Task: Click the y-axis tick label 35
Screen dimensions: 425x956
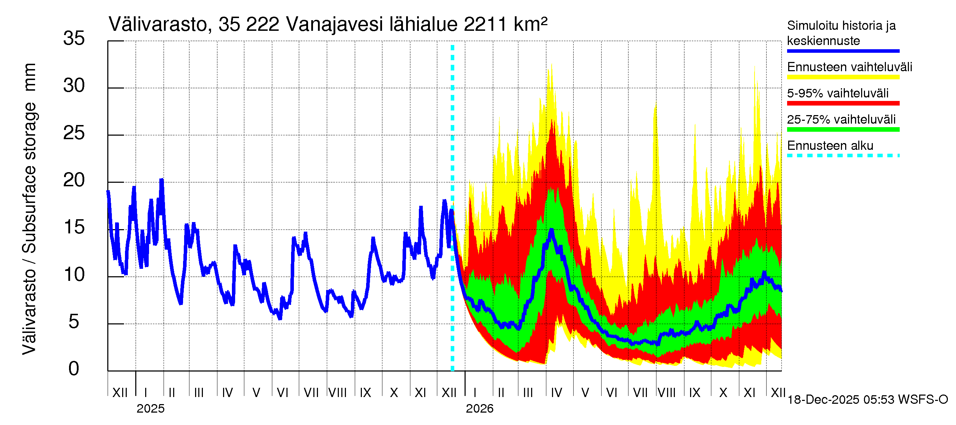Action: pos(74,38)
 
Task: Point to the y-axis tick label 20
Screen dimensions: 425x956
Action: pos(74,180)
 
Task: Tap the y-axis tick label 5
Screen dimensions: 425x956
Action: pos(74,322)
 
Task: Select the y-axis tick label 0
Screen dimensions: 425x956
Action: pos(74,369)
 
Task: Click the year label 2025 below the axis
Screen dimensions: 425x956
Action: pos(150,409)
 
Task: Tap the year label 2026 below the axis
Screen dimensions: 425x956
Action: pos(479,409)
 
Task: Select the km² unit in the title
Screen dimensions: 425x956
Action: pos(530,25)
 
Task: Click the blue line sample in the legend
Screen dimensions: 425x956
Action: pos(843,51)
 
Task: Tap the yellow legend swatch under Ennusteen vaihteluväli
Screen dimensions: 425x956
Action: pos(843,77)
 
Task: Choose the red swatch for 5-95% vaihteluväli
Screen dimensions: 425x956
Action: pos(843,103)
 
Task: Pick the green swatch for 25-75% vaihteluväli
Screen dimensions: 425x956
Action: pos(843,130)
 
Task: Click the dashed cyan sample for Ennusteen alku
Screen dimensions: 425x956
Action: pos(843,155)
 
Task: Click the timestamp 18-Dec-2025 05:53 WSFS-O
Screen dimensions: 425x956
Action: pos(867,400)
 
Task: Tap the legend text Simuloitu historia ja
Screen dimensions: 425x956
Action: pos(841,25)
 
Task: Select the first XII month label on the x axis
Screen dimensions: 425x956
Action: pos(120,392)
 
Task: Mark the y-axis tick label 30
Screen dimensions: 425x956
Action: pos(74,86)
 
